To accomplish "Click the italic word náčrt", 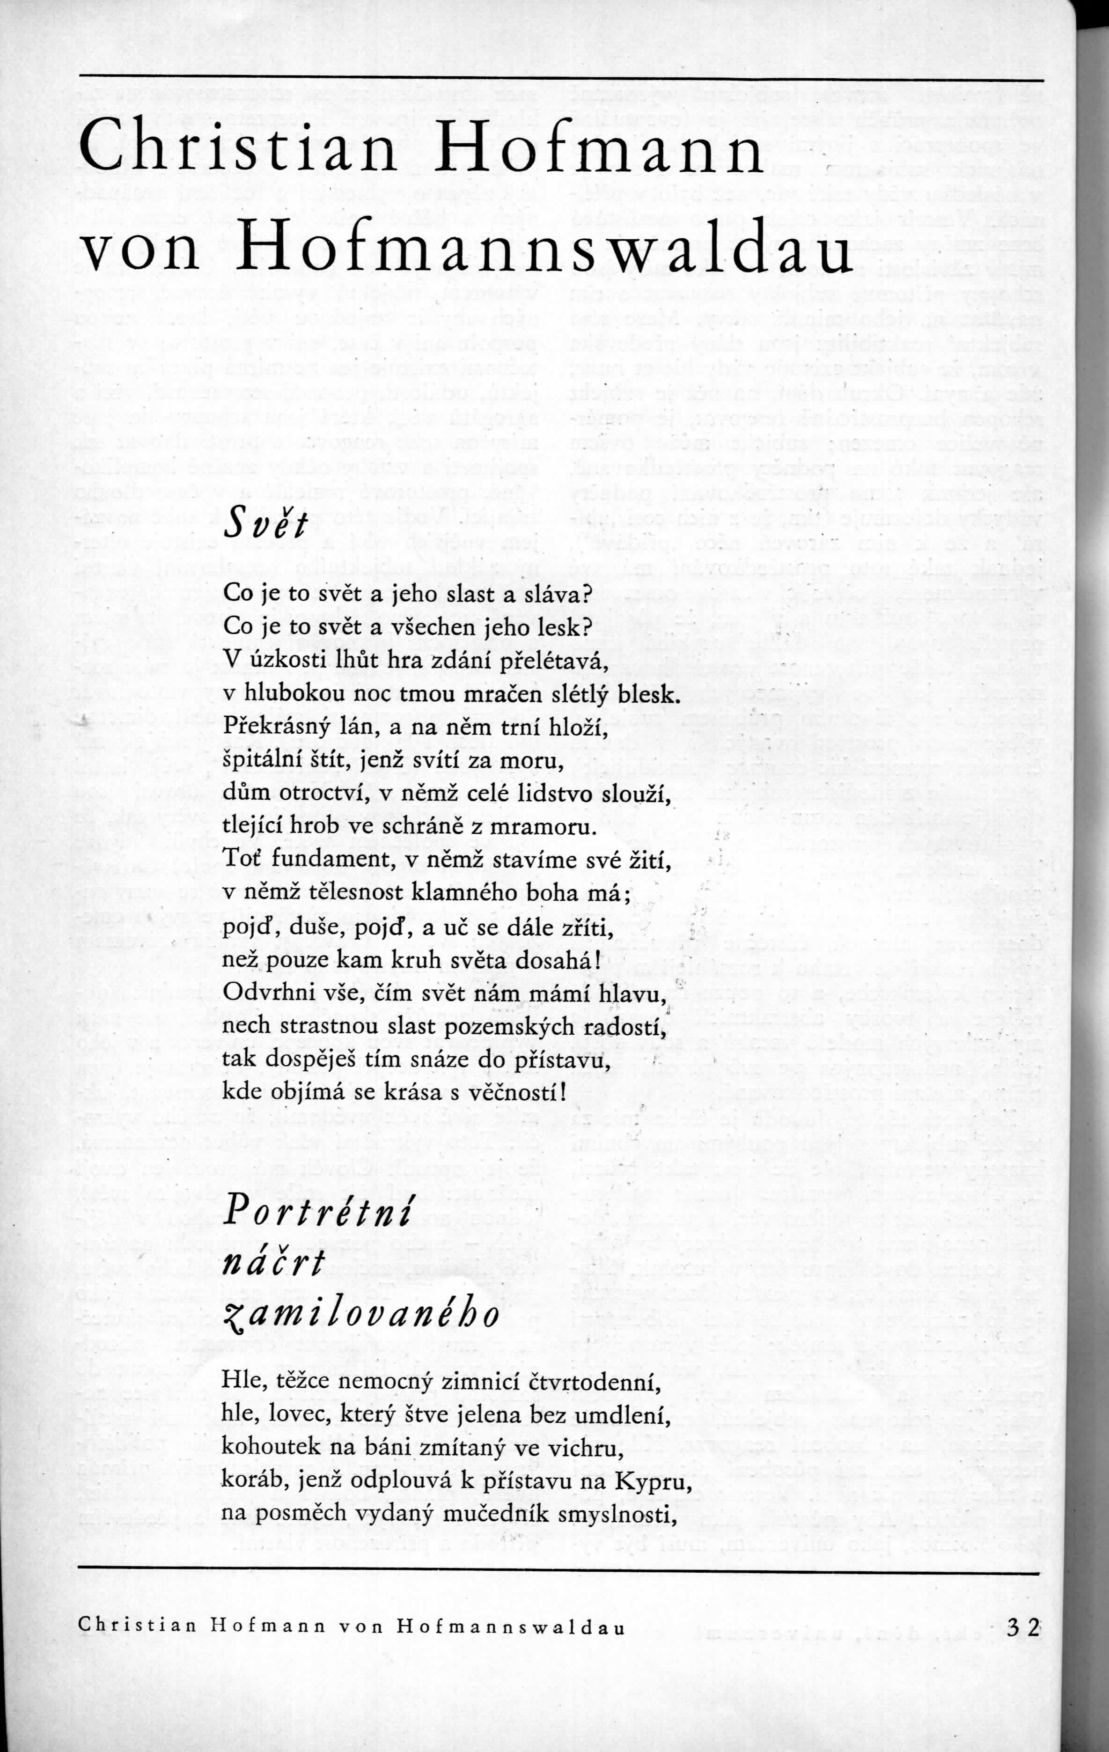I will (275, 1265).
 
